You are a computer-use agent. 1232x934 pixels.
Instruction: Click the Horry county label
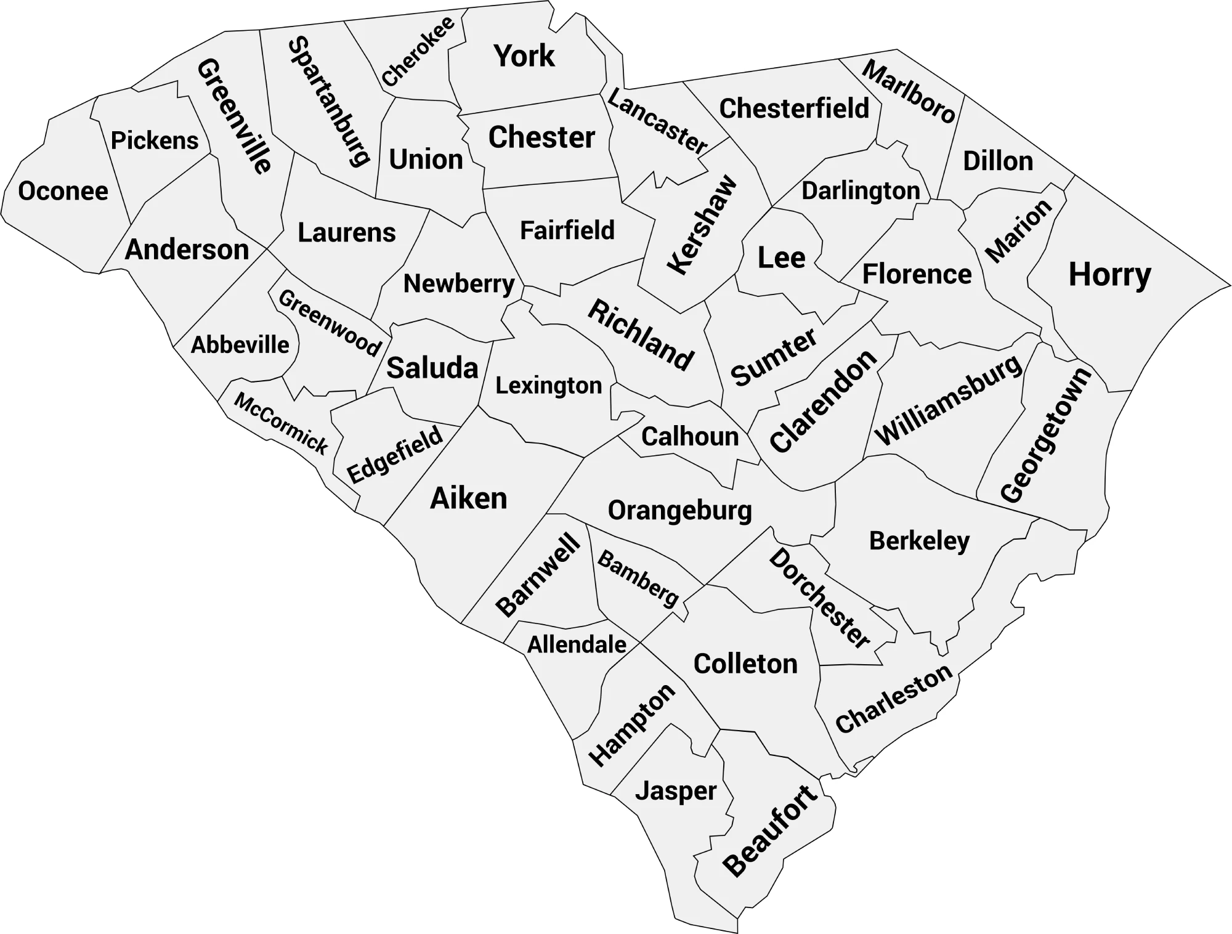[1109, 275]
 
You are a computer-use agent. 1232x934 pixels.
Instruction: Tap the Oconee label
[63, 191]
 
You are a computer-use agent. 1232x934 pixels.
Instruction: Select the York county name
[524, 56]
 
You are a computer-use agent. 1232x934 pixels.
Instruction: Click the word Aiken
[468, 498]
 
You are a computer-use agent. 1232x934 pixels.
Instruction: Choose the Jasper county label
[676, 791]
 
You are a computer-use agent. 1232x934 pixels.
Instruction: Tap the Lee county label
[781, 258]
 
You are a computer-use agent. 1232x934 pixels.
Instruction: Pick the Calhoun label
[690, 437]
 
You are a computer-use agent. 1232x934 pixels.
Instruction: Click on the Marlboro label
[909, 91]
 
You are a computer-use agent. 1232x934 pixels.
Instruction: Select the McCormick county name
[281, 423]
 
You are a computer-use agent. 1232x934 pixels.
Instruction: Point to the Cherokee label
[418, 51]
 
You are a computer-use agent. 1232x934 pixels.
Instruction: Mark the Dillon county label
[998, 161]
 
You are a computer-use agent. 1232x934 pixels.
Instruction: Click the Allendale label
[577, 645]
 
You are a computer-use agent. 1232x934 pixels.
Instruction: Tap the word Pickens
[155, 141]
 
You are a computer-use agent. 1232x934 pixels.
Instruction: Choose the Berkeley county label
[919, 542]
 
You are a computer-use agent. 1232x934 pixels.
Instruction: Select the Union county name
[426, 160]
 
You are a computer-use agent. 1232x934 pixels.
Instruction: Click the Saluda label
[432, 368]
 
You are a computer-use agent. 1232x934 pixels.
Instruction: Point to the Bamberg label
[638, 579]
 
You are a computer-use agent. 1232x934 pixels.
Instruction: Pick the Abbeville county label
[240, 345]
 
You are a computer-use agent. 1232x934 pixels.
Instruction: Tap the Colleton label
[745, 664]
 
